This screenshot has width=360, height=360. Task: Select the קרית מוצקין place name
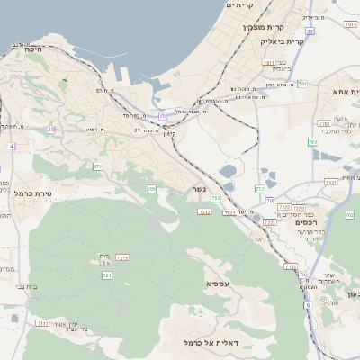(x=260, y=27)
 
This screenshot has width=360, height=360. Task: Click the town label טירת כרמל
(x=34, y=193)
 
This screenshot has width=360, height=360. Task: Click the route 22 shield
(x=310, y=31)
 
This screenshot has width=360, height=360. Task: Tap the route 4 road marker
(x=13, y=146)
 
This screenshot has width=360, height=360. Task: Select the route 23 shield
(x=51, y=130)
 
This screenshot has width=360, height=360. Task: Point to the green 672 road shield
(x=97, y=167)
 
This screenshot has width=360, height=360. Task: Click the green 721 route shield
(x=107, y=274)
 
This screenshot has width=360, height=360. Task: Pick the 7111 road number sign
(x=42, y=322)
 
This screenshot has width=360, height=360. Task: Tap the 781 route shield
(x=303, y=84)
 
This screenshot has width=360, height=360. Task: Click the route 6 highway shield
(x=307, y=305)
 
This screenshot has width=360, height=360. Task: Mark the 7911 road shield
(x=268, y=62)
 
